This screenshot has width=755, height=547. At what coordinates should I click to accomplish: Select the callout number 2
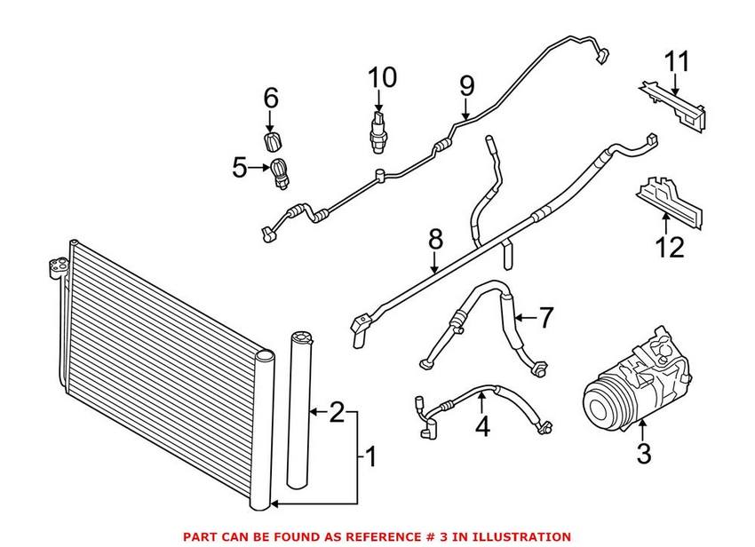337,412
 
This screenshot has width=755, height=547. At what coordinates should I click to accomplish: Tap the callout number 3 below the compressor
644,454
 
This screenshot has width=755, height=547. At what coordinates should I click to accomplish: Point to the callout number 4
481,426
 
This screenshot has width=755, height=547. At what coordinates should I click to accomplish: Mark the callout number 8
434,240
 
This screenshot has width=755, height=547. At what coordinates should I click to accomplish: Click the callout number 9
466,86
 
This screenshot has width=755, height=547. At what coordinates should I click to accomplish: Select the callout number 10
382,78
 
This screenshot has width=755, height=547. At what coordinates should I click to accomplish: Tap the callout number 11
678,64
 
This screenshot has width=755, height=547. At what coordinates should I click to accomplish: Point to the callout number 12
672,246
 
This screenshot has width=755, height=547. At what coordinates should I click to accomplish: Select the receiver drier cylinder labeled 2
299,408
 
